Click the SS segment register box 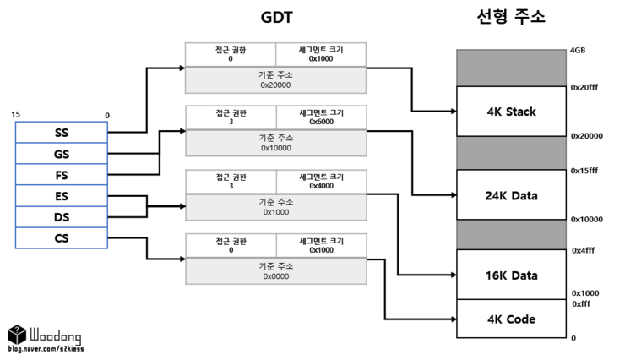pyautogui.click(x=62, y=133)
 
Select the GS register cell pyautogui.click(x=62, y=154)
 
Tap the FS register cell pyautogui.click(x=62, y=175)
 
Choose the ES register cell pyautogui.click(x=62, y=196)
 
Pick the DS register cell pyautogui.click(x=62, y=217)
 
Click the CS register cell pyautogui.click(x=62, y=238)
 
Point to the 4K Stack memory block pyautogui.click(x=511, y=111)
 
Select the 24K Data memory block pyautogui.click(x=511, y=195)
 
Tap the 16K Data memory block pyautogui.click(x=511, y=275)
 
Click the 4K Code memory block pyautogui.click(x=511, y=319)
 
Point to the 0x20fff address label pyautogui.click(x=584, y=87)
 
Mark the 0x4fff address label pyautogui.click(x=583, y=251)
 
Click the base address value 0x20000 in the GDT pyautogui.click(x=275, y=85)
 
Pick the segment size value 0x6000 pyautogui.click(x=321, y=121)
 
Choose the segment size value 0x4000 pyautogui.click(x=321, y=185)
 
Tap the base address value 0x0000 pyautogui.click(x=275, y=276)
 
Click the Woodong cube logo pyautogui.click(x=16, y=335)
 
